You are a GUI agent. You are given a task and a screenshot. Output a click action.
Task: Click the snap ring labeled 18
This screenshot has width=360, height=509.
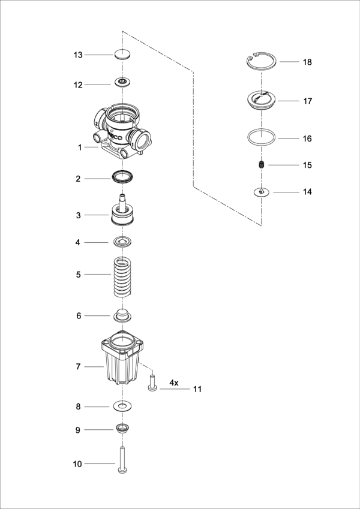tap(262, 61)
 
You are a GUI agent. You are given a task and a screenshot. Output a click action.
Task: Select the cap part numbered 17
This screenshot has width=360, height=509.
tap(262, 100)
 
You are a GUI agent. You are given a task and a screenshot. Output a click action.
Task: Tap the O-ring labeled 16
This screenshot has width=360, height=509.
tap(262, 137)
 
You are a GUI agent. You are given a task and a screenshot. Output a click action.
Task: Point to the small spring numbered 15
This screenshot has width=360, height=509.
tap(261, 165)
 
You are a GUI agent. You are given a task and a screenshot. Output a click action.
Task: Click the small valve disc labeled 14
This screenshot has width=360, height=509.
tap(261, 192)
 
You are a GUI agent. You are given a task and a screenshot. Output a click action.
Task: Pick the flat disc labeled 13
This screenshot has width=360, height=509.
tap(122, 55)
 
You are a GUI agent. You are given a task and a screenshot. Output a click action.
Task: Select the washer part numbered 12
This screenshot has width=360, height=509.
tap(122, 82)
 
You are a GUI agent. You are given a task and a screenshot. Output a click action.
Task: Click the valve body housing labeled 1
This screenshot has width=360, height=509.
tap(123, 131)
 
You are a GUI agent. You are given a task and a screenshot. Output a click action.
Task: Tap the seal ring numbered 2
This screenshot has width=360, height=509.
tap(122, 177)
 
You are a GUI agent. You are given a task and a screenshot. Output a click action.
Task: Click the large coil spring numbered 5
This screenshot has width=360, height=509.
tap(122, 276)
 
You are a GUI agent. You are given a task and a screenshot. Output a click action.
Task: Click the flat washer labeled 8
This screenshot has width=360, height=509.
tap(122, 406)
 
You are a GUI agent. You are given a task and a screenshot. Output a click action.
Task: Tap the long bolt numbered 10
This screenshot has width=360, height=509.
tap(122, 461)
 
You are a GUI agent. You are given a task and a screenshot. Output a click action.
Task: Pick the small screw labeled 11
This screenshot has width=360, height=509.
tap(152, 384)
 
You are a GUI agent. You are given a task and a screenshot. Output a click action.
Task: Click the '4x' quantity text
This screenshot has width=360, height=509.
tap(173, 382)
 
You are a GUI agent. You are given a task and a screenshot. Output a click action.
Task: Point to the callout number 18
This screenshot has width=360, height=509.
tap(307, 62)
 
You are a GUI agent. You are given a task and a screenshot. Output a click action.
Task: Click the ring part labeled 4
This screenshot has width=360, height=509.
tap(122, 242)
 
